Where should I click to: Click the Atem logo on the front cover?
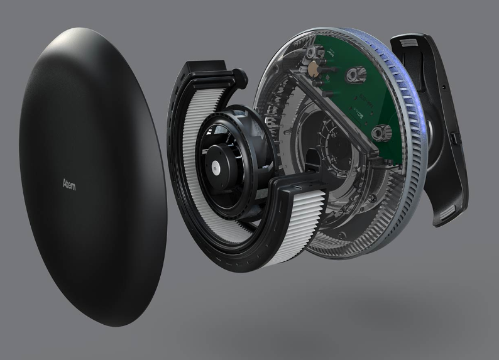(69, 185)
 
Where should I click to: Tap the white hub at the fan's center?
(216, 164)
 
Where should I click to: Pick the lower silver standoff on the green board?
(379, 134)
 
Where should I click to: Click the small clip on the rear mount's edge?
(455, 138)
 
